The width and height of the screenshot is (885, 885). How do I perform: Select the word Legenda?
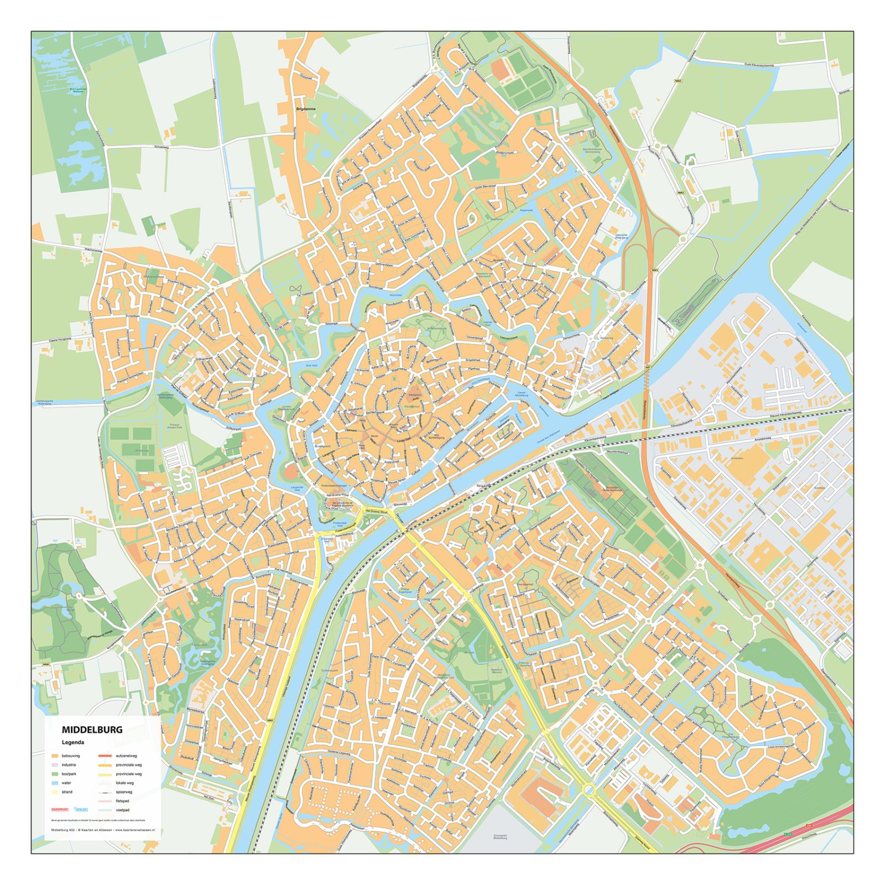coord(73,742)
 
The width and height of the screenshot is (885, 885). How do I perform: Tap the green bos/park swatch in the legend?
coord(55,774)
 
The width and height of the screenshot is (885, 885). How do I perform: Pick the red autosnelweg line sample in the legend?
coord(105,756)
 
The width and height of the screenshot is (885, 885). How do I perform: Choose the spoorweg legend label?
coord(124,792)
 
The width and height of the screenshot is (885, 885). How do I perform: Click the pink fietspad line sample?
coord(105,801)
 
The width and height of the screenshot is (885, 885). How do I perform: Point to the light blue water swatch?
coord(55,783)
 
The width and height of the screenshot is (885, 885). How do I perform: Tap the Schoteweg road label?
coord(162,147)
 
